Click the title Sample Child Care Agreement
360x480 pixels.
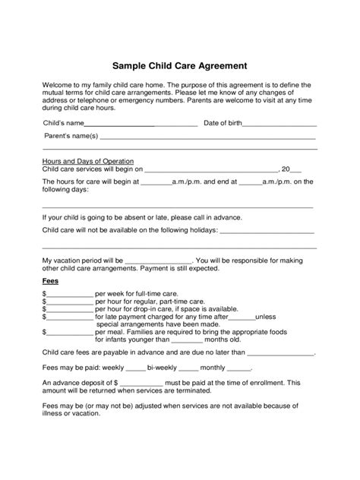(x=180, y=66)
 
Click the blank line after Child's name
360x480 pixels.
(x=141, y=124)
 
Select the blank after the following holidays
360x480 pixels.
(x=267, y=229)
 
